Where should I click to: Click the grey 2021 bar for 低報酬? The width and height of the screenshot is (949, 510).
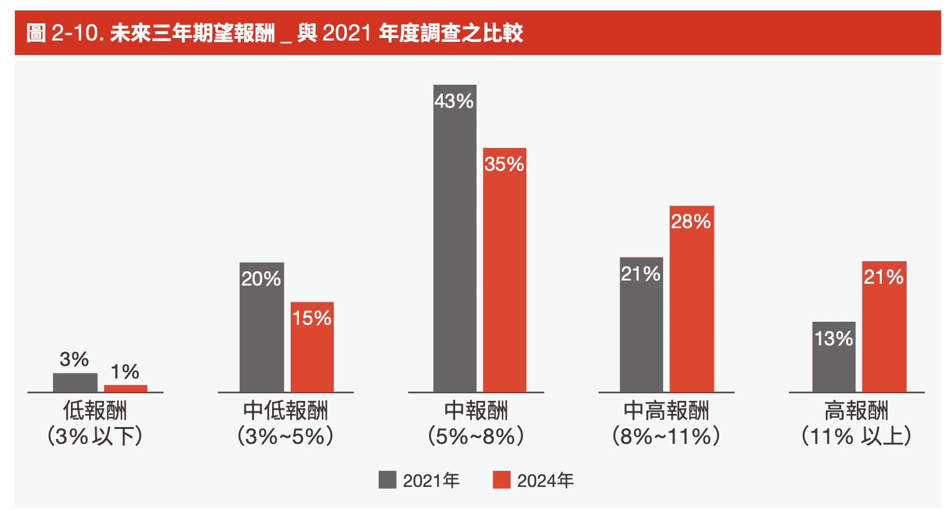(x=75, y=382)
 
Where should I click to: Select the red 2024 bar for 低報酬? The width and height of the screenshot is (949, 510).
(x=125, y=388)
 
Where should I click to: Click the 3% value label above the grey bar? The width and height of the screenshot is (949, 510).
(x=74, y=359)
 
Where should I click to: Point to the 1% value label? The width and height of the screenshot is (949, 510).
(x=125, y=372)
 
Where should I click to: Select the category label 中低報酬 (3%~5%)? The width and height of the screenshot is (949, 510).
(x=285, y=423)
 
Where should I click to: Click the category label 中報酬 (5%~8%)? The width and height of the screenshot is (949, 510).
(x=476, y=423)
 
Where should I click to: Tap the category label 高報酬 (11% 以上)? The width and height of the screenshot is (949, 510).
(x=856, y=423)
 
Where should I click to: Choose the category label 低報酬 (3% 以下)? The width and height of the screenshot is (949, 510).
(x=95, y=423)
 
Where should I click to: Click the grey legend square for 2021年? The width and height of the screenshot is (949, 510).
(x=387, y=479)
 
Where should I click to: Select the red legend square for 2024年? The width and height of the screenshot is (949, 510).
(x=501, y=479)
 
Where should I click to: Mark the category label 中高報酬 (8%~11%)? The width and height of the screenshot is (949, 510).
(x=666, y=423)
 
